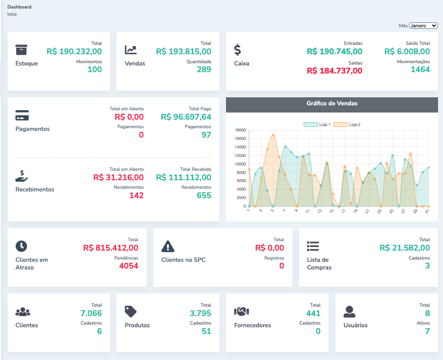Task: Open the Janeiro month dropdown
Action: tap(423, 26)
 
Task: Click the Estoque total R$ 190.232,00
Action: tap(74, 52)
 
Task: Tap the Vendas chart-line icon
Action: tap(131, 50)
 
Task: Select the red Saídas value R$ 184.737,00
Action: tap(334, 70)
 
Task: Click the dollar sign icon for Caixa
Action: tap(238, 49)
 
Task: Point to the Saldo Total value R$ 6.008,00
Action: tap(407, 52)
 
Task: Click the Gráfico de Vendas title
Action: tap(332, 104)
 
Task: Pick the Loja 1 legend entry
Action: tap(317, 124)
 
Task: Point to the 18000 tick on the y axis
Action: tap(240, 130)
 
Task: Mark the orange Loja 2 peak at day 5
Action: tap(273, 135)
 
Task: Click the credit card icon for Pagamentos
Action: tap(22, 115)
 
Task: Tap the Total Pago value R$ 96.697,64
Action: tap(186, 117)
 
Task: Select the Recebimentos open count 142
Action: tap(136, 195)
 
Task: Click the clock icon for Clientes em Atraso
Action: tap(22, 246)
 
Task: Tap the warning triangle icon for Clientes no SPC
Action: tap(168, 246)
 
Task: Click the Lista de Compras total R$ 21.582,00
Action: tap(404, 248)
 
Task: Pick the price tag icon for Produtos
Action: tap(130, 311)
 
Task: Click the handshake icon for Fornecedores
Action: tap(241, 311)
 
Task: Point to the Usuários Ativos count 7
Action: tap(427, 331)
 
